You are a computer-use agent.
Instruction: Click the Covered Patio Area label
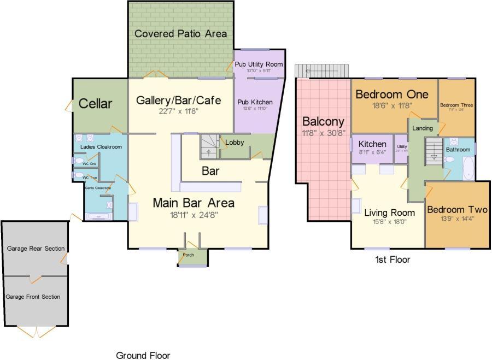tap(180, 34)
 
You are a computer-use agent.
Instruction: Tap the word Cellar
tap(95, 104)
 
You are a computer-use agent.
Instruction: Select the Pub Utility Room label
tap(259, 64)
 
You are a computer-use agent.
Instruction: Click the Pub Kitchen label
tap(254, 102)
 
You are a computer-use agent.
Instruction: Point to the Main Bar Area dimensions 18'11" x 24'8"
tap(193, 215)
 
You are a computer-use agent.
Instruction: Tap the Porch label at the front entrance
tap(188, 255)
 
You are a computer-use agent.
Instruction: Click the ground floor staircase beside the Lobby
tap(209, 146)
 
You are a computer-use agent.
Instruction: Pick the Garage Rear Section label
tap(36, 249)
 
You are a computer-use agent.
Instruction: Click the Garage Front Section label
tap(33, 297)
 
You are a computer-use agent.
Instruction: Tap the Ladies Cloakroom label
tap(101, 147)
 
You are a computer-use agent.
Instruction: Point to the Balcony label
tap(323, 122)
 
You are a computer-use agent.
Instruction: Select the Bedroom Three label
tap(456, 105)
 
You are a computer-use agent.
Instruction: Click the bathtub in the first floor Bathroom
tap(468, 168)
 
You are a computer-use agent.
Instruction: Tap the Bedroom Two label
tap(457, 210)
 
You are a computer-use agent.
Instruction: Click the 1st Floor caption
tap(392, 259)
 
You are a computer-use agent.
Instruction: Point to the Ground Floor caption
tap(143, 356)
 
